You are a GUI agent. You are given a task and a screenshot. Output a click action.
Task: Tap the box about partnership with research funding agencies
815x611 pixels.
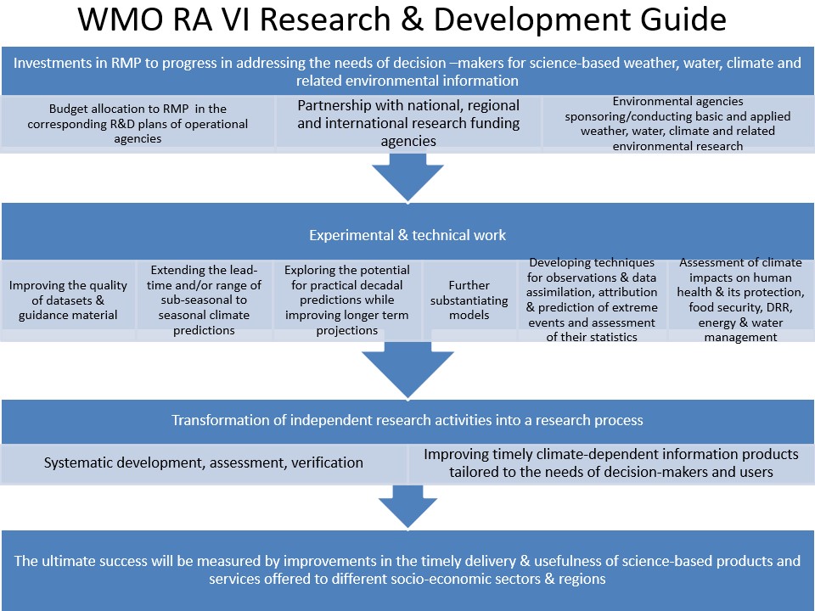click(x=408, y=123)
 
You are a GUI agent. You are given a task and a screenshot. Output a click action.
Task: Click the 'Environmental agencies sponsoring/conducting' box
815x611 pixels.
click(x=677, y=123)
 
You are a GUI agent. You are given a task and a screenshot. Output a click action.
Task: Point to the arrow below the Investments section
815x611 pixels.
click(x=407, y=179)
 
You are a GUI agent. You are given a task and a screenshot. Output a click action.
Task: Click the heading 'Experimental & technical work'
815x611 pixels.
click(x=407, y=235)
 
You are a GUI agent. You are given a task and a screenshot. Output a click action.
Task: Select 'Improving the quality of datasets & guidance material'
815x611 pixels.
click(x=69, y=300)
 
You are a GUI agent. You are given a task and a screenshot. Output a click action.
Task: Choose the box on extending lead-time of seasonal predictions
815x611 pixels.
click(x=205, y=300)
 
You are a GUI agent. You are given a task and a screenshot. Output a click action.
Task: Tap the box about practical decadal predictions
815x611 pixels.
click(x=346, y=300)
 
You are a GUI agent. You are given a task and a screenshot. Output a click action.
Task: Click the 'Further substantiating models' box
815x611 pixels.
click(x=469, y=300)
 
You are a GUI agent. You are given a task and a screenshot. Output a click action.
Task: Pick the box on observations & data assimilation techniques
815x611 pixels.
click(x=591, y=300)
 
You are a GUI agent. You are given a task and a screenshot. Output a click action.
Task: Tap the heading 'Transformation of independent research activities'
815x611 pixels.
click(x=407, y=421)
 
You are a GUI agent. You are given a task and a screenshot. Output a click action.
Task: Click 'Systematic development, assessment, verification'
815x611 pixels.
click(x=204, y=462)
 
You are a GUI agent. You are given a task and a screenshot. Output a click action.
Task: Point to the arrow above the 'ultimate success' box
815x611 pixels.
click(x=407, y=506)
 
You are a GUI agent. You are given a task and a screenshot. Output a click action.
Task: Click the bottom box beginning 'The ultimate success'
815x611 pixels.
click(x=407, y=569)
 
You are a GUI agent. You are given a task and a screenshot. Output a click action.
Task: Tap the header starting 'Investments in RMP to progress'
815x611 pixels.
click(x=407, y=71)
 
